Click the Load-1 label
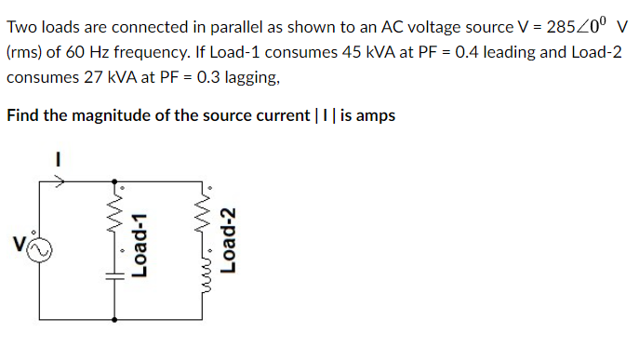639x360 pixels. (x=141, y=244)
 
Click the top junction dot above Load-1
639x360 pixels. (x=115, y=183)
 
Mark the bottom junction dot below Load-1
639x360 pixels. (x=115, y=318)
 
